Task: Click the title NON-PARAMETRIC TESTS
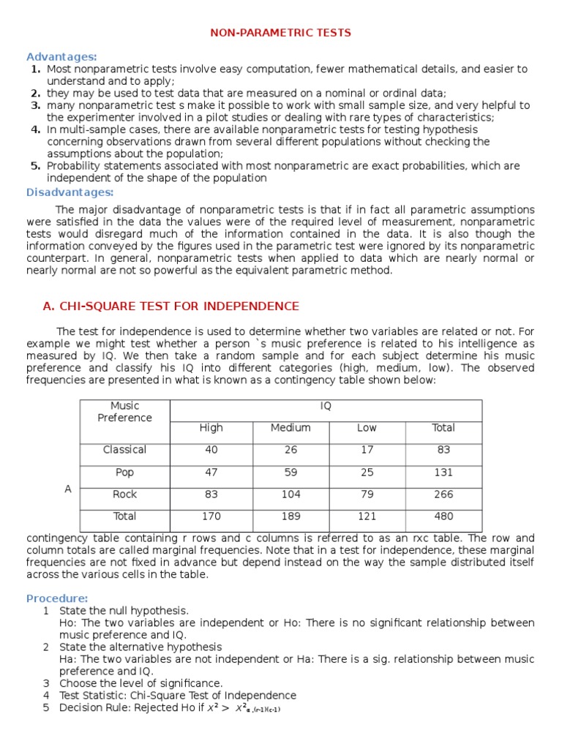coord(281,33)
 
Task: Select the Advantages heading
coord(61,56)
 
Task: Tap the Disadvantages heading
coord(70,192)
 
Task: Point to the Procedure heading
coord(57,598)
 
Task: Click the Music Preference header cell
coord(124,412)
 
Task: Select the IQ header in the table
coord(326,406)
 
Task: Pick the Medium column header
coord(291,428)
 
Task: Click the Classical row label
coord(124,450)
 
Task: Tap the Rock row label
coord(124,494)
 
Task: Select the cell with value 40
coord(211,450)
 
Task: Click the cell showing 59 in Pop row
coord(291,473)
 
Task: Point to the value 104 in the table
coord(291,494)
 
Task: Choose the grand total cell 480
coord(443,516)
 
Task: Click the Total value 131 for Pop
coord(443,473)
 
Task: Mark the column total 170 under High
coord(211,516)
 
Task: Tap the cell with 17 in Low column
coord(367,450)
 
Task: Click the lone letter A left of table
coord(68,489)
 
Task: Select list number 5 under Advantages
coord(35,166)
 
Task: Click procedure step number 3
coord(45,683)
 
